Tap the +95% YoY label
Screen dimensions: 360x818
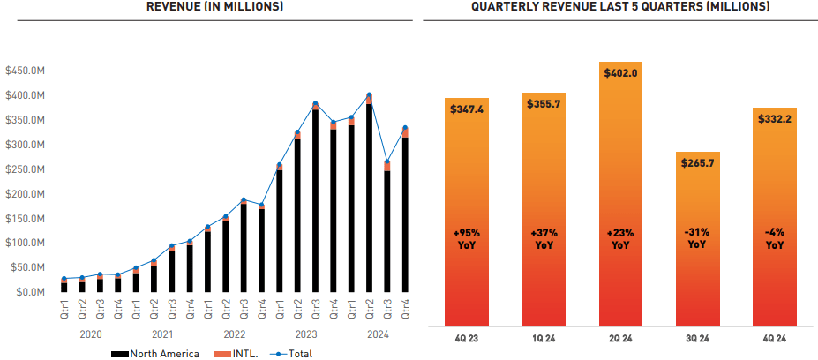467,239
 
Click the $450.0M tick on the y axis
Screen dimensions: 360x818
24,71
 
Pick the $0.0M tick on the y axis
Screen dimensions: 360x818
29,292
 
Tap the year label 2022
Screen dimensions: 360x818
233,334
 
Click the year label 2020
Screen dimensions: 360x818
91,334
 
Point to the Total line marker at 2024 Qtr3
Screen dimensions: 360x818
387,162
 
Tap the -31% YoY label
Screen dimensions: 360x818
698,239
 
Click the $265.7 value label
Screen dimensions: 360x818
698,163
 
